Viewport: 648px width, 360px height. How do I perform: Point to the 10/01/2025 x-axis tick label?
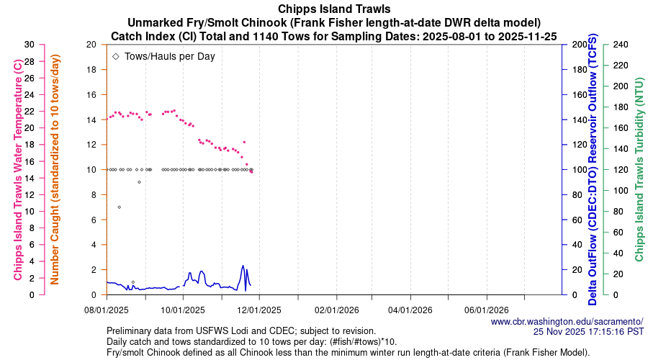pos(183,310)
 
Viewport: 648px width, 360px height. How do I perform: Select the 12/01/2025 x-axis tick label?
pos(258,310)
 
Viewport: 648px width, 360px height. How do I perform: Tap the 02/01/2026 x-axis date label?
pos(335,310)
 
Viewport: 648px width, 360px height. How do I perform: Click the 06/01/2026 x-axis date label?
pos(487,310)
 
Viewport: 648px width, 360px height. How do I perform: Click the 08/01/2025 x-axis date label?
pos(107,310)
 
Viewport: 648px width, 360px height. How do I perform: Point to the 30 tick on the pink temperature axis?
pos(29,44)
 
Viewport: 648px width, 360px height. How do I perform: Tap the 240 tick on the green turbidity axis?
pos(621,44)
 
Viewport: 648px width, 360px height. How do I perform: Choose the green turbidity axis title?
pos(638,170)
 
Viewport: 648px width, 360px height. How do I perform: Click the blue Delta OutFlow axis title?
pos(593,170)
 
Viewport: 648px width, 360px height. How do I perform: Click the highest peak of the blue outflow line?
pos(243,266)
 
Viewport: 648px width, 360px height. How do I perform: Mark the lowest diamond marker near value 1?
pos(132,282)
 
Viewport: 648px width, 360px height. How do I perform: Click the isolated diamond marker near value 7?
pos(119,207)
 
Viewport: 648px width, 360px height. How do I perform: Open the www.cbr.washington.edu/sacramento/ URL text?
pos(567,322)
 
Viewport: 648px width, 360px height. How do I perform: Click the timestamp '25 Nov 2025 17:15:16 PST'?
pos(588,332)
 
